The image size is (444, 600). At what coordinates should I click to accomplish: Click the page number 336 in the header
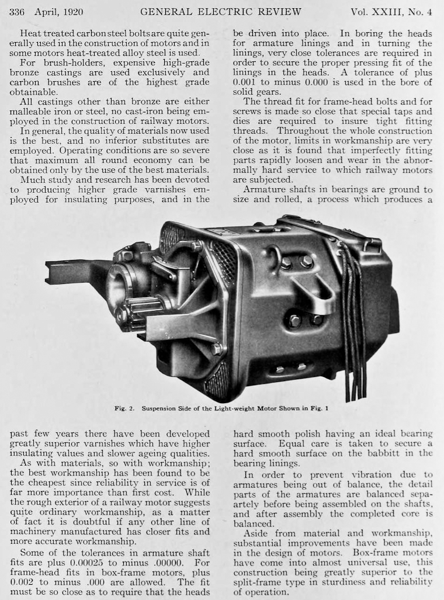18,12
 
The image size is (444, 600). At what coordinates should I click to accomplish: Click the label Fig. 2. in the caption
124,409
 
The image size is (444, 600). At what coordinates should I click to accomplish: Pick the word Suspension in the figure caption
161,409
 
